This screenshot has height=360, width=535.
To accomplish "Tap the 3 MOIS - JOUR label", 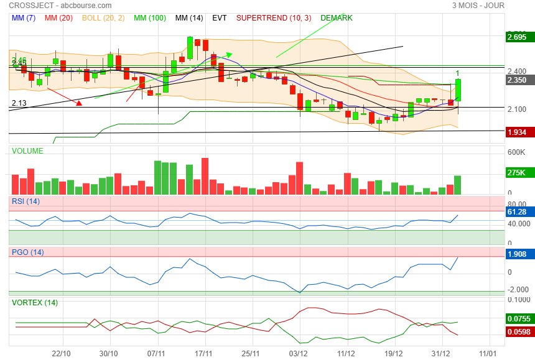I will [478, 6].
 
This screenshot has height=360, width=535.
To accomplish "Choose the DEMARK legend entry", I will [336, 18].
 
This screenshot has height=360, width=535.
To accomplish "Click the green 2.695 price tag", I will [517, 38].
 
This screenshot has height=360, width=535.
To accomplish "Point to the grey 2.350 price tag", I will [517, 80].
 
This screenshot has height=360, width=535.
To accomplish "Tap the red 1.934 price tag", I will [517, 132].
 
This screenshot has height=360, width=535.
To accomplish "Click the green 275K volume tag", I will [516, 173].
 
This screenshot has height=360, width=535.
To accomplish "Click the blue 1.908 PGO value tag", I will [517, 254].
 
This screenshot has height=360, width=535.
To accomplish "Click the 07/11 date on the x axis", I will [156, 353].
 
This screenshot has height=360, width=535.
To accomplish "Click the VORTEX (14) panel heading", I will [35, 303].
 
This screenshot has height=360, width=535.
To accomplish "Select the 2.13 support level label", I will [19, 103].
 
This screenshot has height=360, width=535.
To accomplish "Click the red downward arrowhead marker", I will [79, 103].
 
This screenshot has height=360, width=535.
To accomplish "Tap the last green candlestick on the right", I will [458, 90].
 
